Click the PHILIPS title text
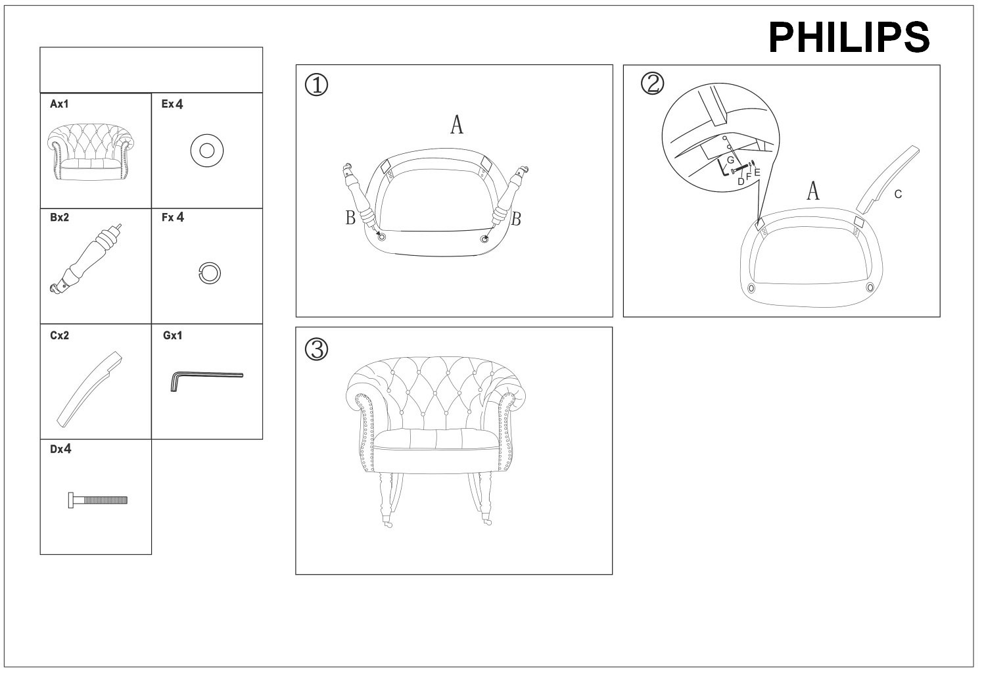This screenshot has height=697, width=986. [x=849, y=37]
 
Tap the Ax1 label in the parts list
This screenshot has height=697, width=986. [x=59, y=104]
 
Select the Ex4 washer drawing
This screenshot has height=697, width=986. [x=207, y=151]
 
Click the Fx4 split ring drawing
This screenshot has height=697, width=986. [x=210, y=274]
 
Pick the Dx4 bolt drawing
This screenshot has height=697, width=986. [x=98, y=500]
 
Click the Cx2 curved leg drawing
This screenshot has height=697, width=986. [x=90, y=389]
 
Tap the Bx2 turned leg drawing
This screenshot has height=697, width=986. [x=86, y=258]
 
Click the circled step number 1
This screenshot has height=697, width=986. [x=316, y=85]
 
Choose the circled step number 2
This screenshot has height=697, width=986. [x=652, y=84]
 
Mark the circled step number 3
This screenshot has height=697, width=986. [x=316, y=350]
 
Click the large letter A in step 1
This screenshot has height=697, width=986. [x=457, y=125]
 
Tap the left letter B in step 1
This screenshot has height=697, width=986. [x=350, y=218]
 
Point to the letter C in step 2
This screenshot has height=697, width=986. [x=898, y=194]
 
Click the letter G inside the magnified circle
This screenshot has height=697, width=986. [x=730, y=160]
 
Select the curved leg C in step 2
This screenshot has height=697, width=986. [x=887, y=180]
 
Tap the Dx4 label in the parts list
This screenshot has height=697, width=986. [x=60, y=449]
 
